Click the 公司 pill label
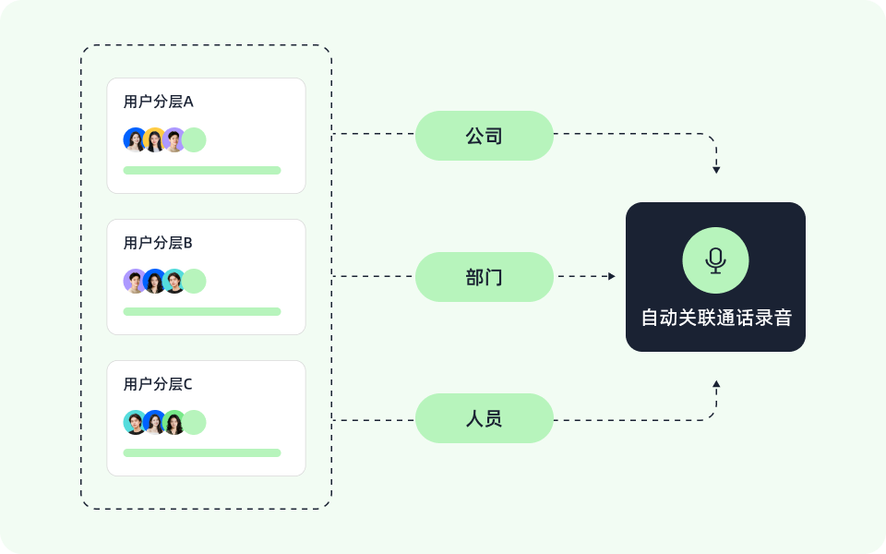click(x=484, y=136)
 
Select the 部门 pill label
click(x=484, y=277)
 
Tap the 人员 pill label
click(x=484, y=418)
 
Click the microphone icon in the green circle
click(x=715, y=260)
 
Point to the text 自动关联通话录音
click(x=716, y=318)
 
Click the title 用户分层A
click(x=158, y=102)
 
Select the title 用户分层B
click(x=158, y=243)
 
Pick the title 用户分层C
click(x=158, y=384)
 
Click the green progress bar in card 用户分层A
click(x=202, y=170)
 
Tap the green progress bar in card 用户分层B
click(x=202, y=311)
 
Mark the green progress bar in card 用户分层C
click(x=202, y=452)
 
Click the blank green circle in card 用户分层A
click(x=195, y=140)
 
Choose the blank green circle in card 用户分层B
click(x=195, y=282)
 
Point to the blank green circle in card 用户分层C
click(x=195, y=423)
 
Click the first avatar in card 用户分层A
click(x=135, y=140)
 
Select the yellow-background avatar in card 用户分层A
click(x=154, y=140)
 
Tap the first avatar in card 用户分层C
click(x=135, y=423)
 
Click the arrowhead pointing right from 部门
click(x=611, y=276)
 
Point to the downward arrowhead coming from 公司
click(x=716, y=170)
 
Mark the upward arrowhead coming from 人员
click(x=716, y=383)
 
